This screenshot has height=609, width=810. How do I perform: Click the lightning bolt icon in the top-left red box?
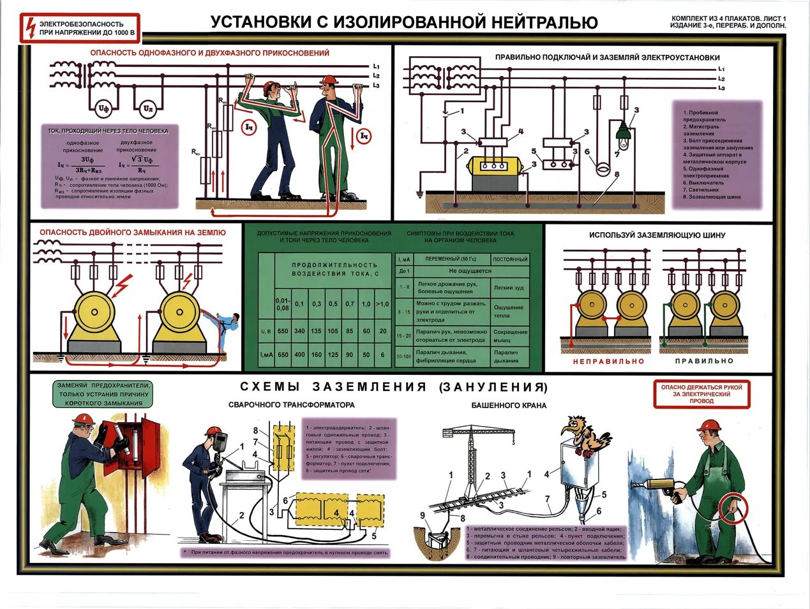[29, 27]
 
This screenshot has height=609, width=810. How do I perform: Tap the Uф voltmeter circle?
[103, 109]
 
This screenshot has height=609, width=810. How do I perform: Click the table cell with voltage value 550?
[283, 332]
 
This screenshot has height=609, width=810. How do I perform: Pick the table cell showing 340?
[299, 332]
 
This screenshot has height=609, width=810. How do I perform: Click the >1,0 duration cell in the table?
[382, 304]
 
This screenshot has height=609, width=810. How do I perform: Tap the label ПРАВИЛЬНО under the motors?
[704, 361]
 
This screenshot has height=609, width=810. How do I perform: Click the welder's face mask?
[220, 441]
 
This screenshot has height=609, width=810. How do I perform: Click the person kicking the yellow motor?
[226, 328]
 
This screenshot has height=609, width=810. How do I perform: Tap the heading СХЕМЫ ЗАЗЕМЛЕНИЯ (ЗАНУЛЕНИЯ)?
[394, 387]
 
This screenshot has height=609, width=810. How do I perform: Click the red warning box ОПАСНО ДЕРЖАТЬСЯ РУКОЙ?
[701, 394]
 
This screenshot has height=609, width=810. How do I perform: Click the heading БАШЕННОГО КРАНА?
[508, 405]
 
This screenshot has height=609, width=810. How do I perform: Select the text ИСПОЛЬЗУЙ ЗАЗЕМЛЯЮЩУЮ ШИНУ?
[657, 235]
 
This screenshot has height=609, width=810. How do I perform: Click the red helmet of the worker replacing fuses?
[84, 419]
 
